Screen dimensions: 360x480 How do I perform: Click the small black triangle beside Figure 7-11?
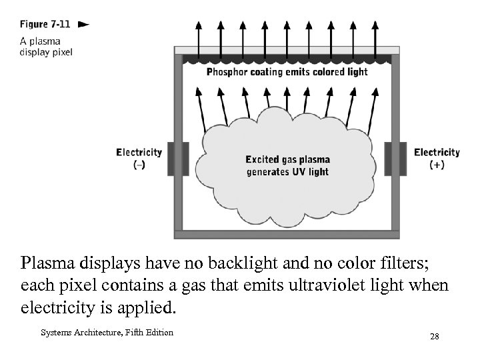coord(83,25)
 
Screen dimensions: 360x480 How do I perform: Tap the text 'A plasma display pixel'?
coord(45,46)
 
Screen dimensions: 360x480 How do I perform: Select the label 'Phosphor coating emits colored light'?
coord(287,72)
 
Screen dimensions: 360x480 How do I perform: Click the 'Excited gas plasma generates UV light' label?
coord(287,165)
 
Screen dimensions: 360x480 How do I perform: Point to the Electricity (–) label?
coord(139,158)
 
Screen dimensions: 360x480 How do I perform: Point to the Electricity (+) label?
coord(437,158)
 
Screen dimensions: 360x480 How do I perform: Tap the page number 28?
coord(434,337)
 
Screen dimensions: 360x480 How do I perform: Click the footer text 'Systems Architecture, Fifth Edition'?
coord(107,333)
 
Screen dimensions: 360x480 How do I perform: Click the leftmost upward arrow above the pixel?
coord(198,32)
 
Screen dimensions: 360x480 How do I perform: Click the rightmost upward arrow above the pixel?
coord(375,32)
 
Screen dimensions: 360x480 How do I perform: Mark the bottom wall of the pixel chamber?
coord(287,234)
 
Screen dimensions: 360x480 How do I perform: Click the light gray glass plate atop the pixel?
coord(287,50)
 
